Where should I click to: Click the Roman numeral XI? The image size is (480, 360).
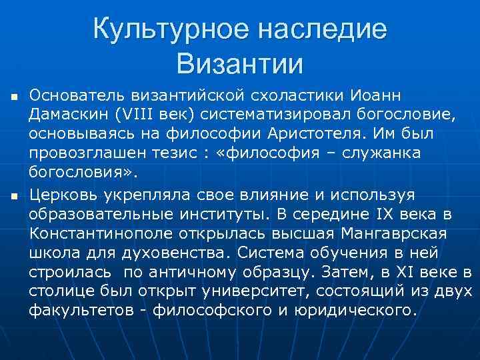tap(414, 271)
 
